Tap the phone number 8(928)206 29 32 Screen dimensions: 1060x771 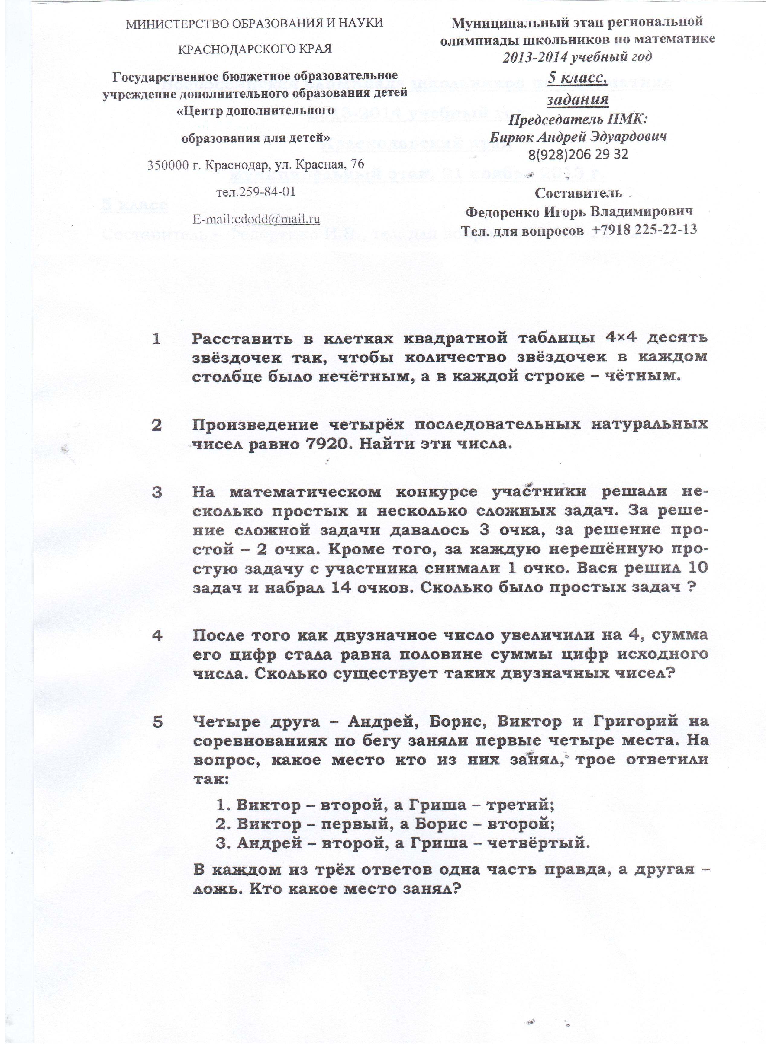[578, 154]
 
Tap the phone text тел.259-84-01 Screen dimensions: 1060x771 [256, 192]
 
